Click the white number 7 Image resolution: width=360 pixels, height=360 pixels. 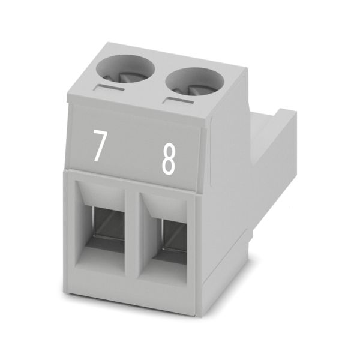(x=100, y=146)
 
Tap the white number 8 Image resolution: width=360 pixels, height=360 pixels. (x=168, y=160)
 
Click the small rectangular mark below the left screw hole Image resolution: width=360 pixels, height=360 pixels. (x=109, y=88)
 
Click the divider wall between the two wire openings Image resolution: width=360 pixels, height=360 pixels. (x=132, y=232)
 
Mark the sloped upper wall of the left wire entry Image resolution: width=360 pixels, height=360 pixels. (x=101, y=194)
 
